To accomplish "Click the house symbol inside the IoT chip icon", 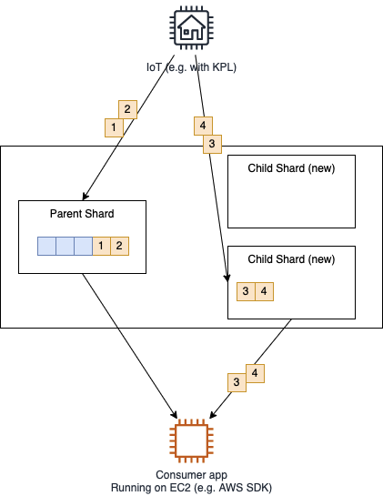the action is pyautogui.click(x=191, y=27).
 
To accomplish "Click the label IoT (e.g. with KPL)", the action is pyautogui.click(x=191, y=67).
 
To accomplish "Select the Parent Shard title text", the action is pyautogui.click(x=82, y=214).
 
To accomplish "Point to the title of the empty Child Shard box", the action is pyautogui.click(x=291, y=168).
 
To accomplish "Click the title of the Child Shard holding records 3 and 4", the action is pyautogui.click(x=291, y=259).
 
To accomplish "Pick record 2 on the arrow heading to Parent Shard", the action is pyautogui.click(x=127, y=109).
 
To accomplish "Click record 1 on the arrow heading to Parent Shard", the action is pyautogui.click(x=114, y=127).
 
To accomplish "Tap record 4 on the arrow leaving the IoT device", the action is pyautogui.click(x=203, y=126).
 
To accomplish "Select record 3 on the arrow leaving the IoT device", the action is pyautogui.click(x=212, y=144).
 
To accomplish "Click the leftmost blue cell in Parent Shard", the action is pyautogui.click(x=46, y=246).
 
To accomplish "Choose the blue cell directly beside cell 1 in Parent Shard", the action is pyautogui.click(x=84, y=246).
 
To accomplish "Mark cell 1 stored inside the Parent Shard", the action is pyautogui.click(x=102, y=246).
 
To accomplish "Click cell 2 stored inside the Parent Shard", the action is pyautogui.click(x=119, y=246).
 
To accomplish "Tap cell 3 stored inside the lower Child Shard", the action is pyautogui.click(x=246, y=291).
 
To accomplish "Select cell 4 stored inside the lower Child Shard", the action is pyautogui.click(x=264, y=291).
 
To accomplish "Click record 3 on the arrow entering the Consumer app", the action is pyautogui.click(x=237, y=383).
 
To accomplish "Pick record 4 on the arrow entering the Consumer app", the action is pyautogui.click(x=256, y=373).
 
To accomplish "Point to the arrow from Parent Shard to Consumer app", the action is pyautogui.click(x=130, y=346).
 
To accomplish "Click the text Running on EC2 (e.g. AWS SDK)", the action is pyautogui.click(x=191, y=488).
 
